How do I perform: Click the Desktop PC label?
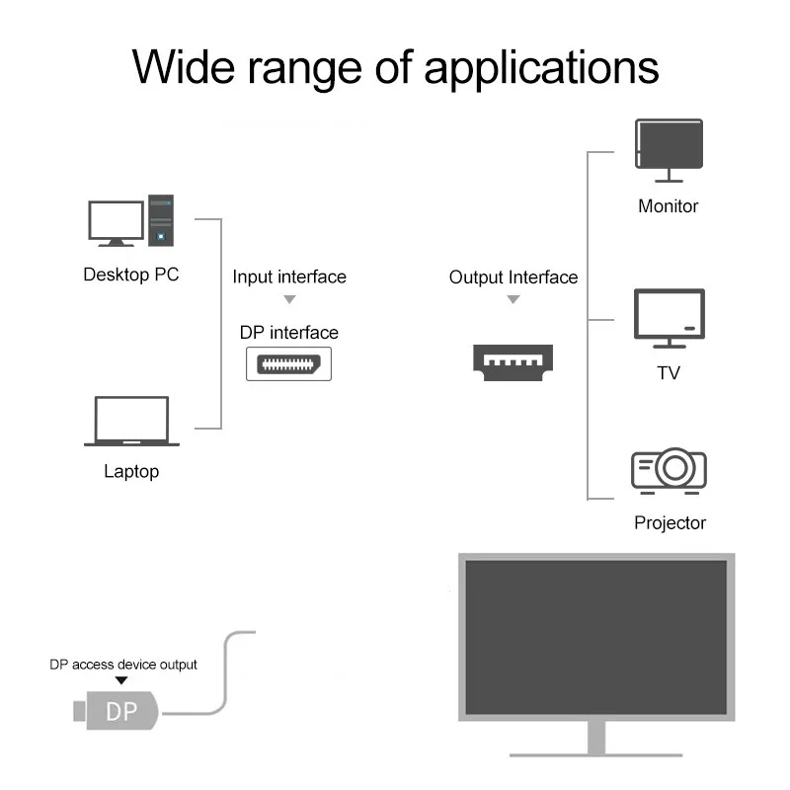(x=131, y=275)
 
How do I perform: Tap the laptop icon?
(x=131, y=422)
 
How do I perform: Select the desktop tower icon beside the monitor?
(x=161, y=219)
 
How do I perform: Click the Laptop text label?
(x=131, y=472)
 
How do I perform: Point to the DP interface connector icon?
(x=288, y=362)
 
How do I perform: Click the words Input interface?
(x=289, y=276)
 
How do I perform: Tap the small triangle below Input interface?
(x=289, y=299)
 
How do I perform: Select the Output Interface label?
(x=513, y=277)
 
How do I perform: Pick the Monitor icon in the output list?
(x=669, y=150)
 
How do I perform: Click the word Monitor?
(x=669, y=206)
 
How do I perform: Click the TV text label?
(x=669, y=373)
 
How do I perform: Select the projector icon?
(x=669, y=470)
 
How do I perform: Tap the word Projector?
(x=670, y=523)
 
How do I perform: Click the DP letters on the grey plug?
(x=121, y=711)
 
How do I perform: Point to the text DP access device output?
(x=123, y=665)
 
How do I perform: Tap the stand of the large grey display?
(x=595, y=739)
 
